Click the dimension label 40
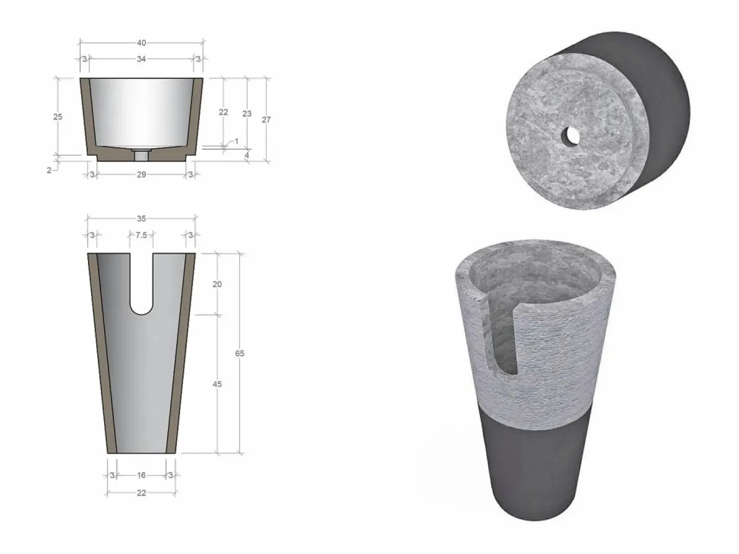click(x=142, y=43)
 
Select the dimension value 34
click(x=142, y=59)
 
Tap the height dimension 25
click(x=58, y=116)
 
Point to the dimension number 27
click(x=266, y=120)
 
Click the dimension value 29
click(x=142, y=175)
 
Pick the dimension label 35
click(x=142, y=219)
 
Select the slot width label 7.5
click(x=142, y=235)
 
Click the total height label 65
click(x=240, y=353)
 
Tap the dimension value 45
click(x=217, y=384)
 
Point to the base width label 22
click(x=142, y=493)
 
